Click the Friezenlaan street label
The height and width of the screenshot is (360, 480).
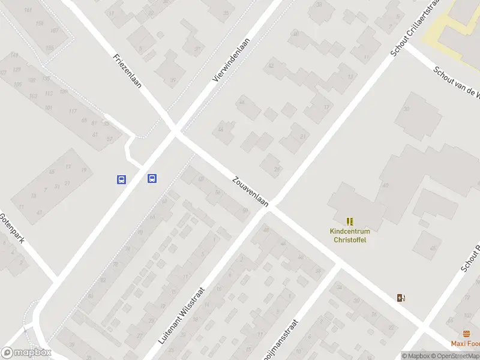(127, 71)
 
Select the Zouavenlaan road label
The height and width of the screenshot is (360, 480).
(250, 192)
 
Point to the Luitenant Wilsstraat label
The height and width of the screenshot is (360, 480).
(182, 314)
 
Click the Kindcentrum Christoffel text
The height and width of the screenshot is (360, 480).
(350, 236)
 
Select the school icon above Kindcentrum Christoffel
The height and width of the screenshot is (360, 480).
(350, 221)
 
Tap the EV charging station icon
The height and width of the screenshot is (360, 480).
(401, 298)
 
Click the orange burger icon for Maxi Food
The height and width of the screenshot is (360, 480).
(467, 334)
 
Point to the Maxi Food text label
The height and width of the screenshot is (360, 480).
(466, 344)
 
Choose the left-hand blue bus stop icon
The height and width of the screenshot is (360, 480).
(121, 179)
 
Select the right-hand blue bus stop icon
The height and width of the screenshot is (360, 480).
(152, 178)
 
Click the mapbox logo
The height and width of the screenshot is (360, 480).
(26, 352)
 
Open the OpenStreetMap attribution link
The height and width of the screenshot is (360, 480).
(456, 356)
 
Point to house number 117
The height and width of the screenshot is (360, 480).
(73, 112)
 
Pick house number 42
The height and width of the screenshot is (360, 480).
(271, 66)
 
